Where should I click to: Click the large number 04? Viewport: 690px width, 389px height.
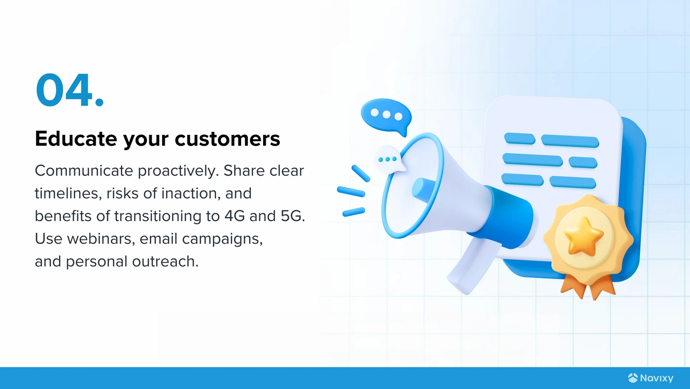[x=70, y=90]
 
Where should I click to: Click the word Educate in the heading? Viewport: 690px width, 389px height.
[x=76, y=139]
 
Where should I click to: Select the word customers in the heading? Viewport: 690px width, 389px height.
[x=227, y=139]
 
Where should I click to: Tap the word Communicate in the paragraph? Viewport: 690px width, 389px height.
[x=84, y=171]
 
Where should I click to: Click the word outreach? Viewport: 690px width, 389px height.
[x=165, y=261]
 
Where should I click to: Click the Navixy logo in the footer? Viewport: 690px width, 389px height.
[x=651, y=378]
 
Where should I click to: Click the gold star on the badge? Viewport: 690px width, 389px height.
[x=583, y=236]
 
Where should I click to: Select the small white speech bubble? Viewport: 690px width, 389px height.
[x=389, y=160]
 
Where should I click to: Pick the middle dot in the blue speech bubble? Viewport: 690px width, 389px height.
[x=386, y=115]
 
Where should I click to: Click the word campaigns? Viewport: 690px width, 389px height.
[x=222, y=239]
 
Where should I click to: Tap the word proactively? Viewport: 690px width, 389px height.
[x=178, y=171]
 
